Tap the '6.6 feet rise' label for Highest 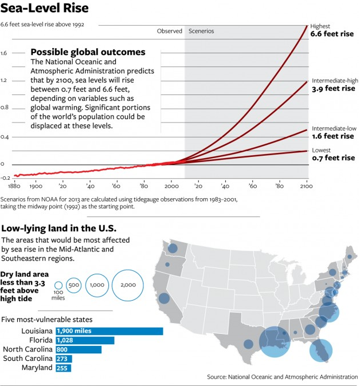point(332,34)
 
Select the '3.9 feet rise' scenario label point(333,89)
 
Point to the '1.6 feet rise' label point(332,136)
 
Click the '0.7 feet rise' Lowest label point(332,158)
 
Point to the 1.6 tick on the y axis point(4,53)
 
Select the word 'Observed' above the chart point(169,31)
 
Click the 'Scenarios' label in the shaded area point(201,31)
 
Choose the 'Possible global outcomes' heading point(88,52)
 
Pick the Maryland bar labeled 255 point(64,368)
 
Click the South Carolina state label point(28,359)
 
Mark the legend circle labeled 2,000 point(128,285)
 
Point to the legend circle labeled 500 point(73,285)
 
